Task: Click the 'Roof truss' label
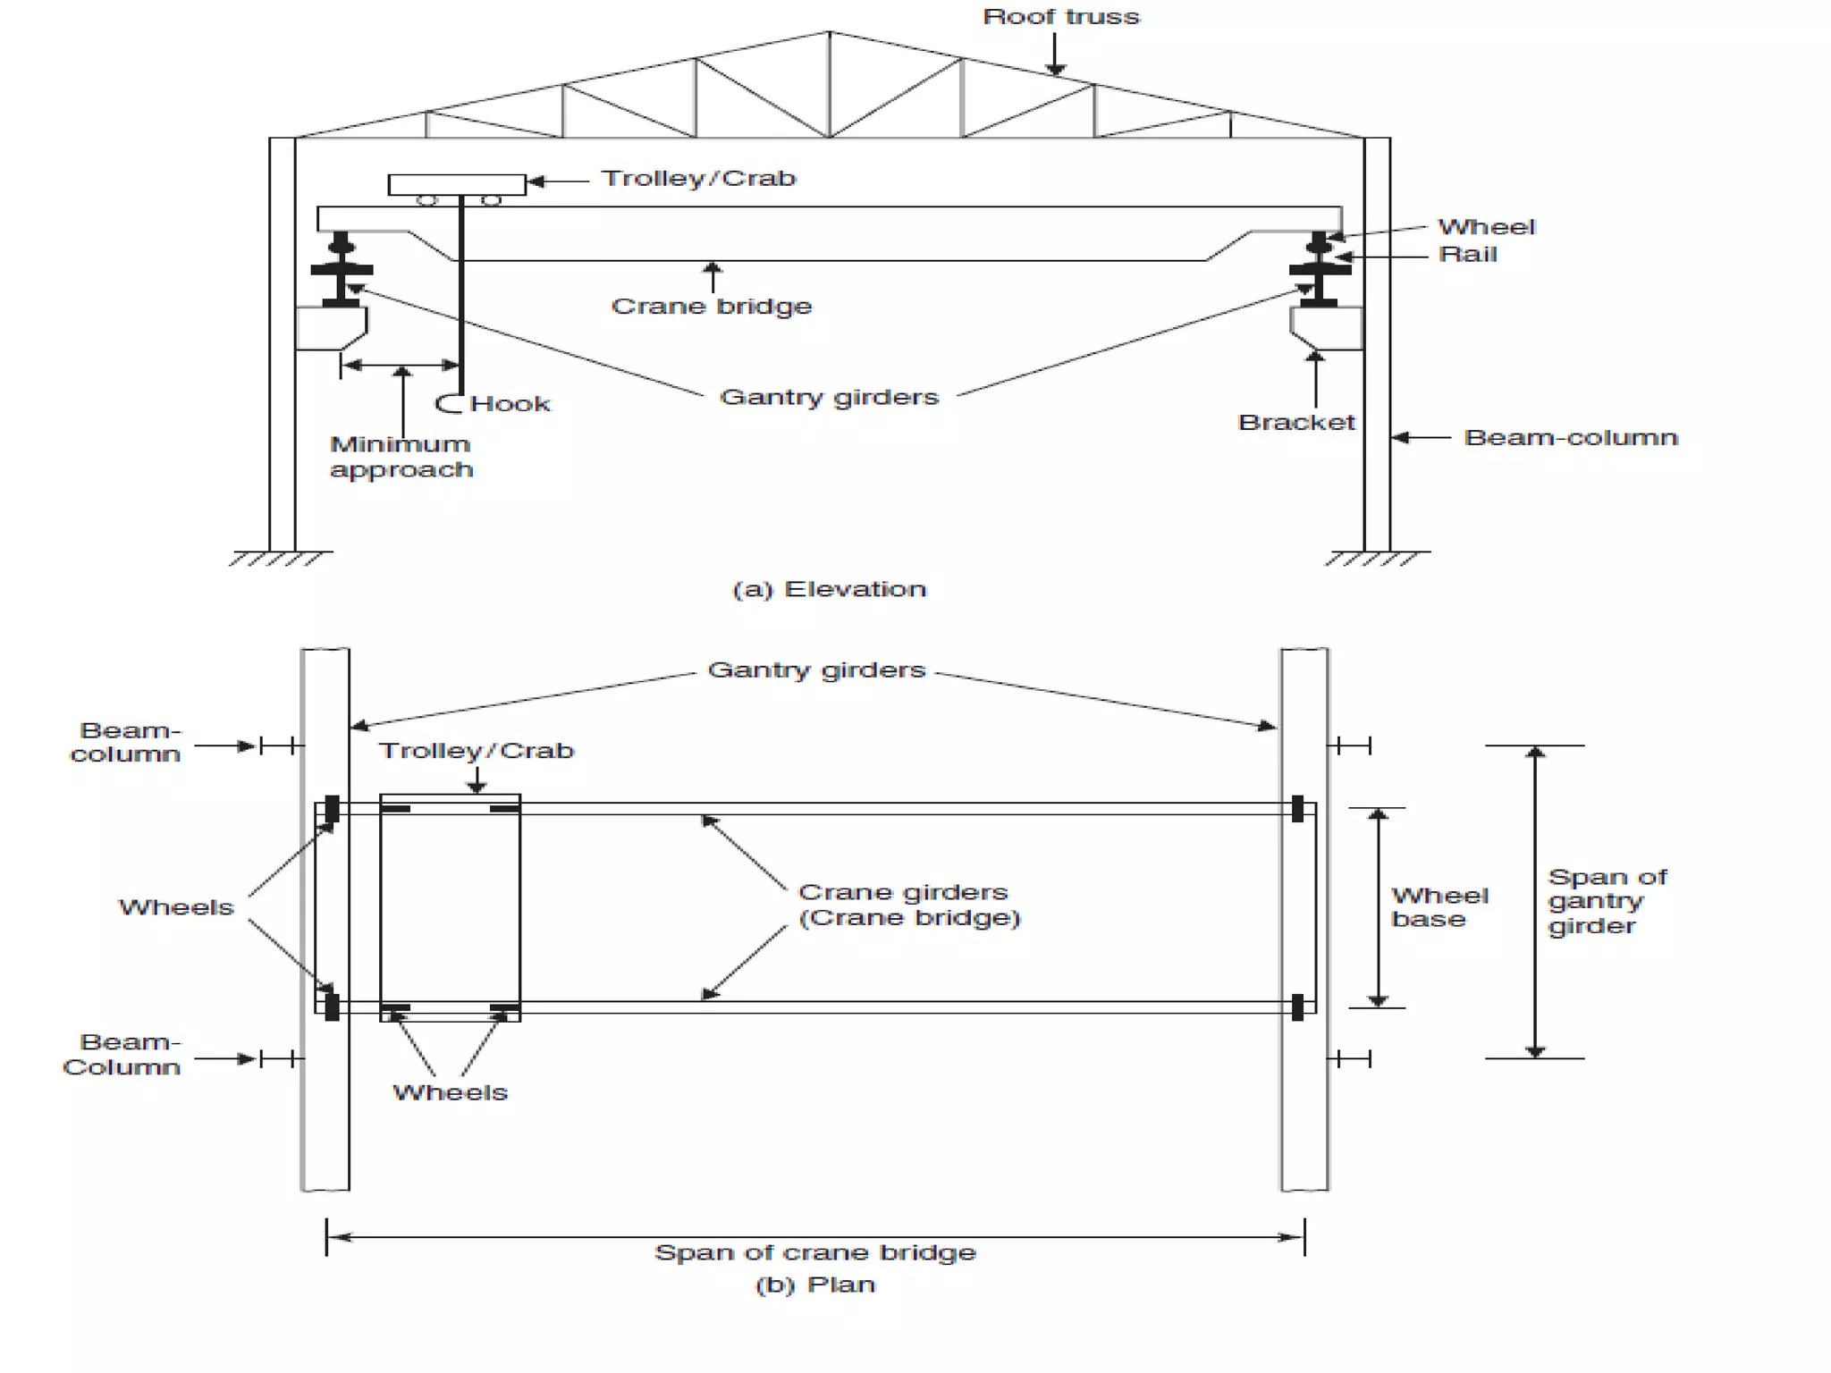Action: click(1061, 17)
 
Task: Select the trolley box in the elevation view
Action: click(457, 185)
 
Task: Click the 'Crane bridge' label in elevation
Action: click(712, 307)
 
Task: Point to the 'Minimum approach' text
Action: click(401, 457)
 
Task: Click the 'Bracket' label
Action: click(1296, 423)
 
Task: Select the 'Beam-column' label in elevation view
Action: click(1571, 438)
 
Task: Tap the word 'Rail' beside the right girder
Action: click(1467, 255)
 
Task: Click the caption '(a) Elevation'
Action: click(829, 589)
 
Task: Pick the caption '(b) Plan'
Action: click(814, 1285)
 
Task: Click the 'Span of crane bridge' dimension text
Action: click(814, 1252)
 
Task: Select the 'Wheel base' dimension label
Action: click(1439, 907)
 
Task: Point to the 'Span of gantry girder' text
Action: click(1607, 901)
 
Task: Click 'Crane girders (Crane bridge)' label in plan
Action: click(908, 905)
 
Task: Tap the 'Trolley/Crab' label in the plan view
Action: click(476, 751)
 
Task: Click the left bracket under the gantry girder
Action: click(330, 328)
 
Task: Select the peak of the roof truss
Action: click(829, 33)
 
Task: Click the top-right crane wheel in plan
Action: click(1297, 809)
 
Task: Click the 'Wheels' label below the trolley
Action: click(450, 1092)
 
